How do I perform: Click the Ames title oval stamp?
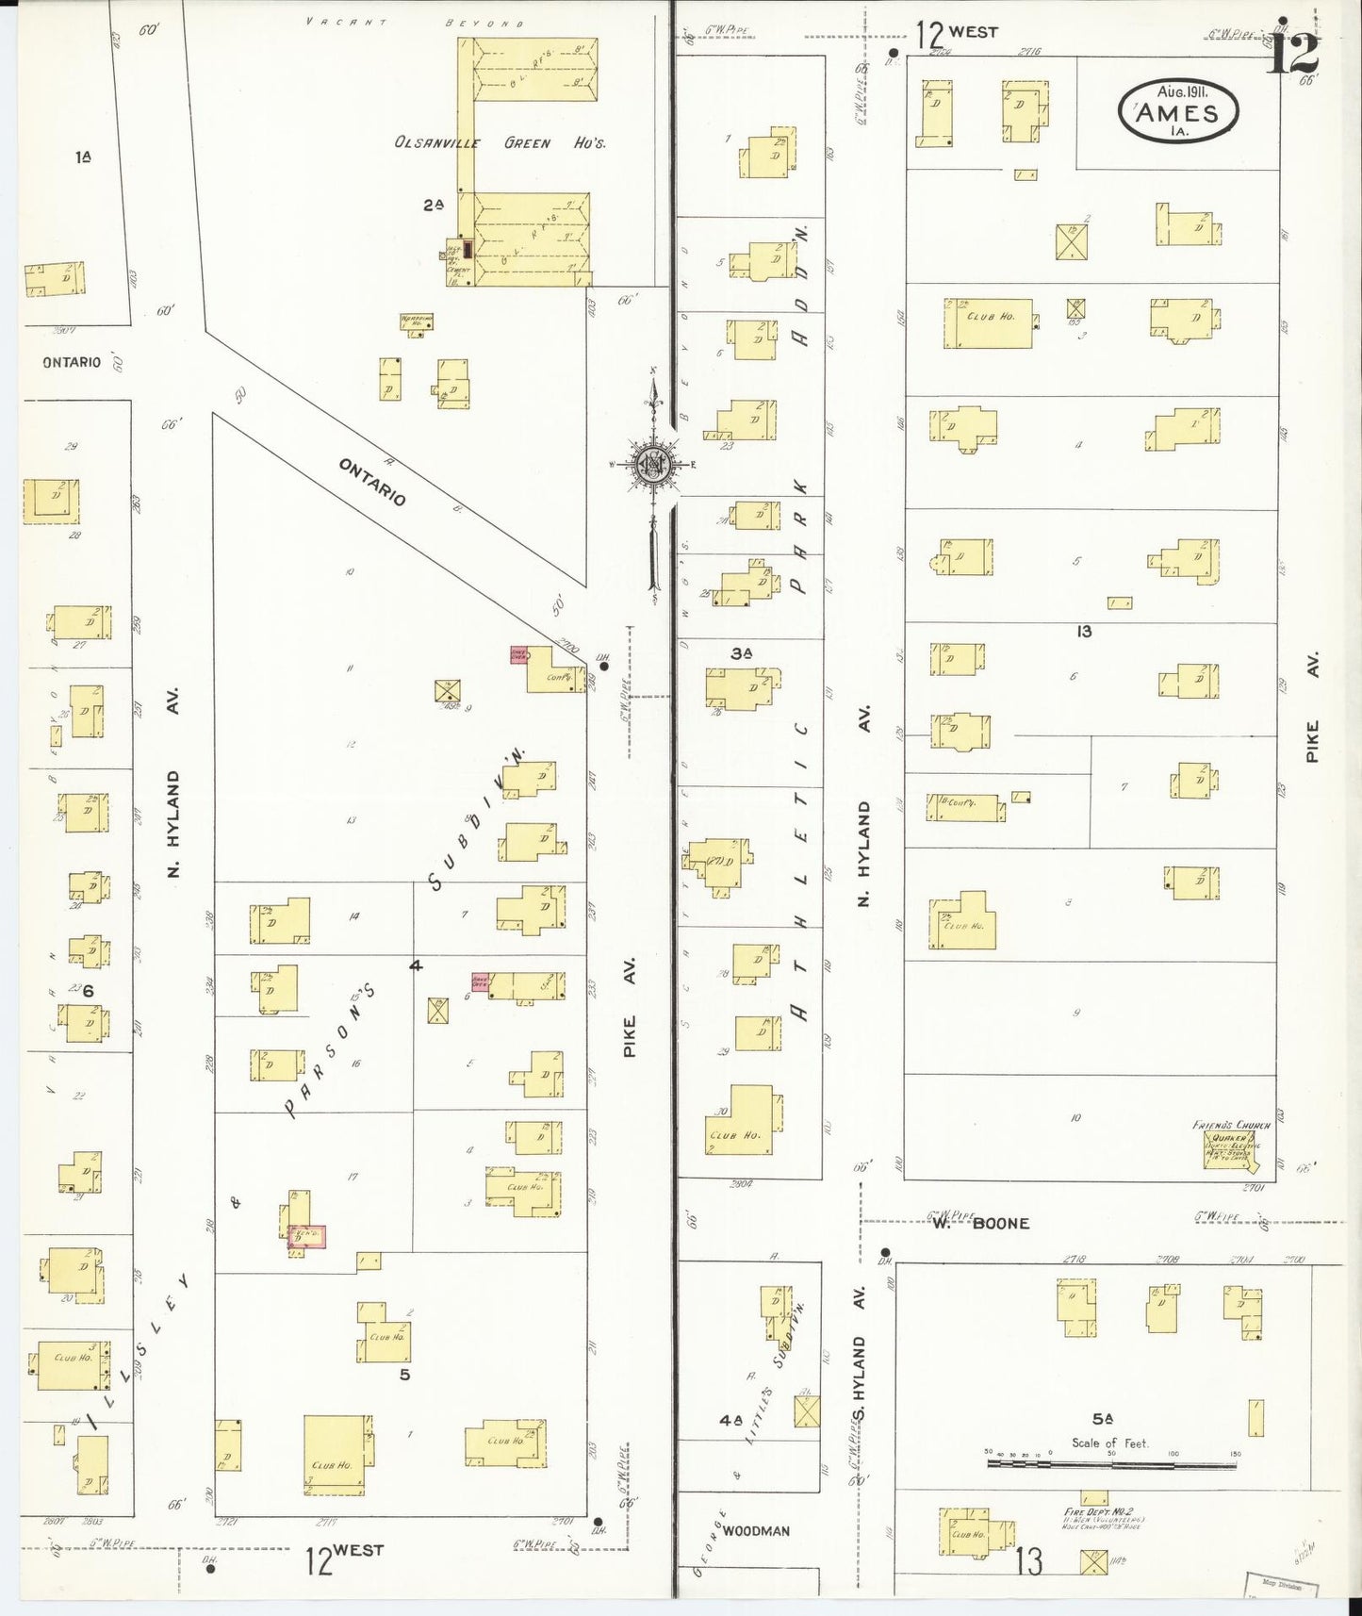point(1178,111)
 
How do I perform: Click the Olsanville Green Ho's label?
point(499,144)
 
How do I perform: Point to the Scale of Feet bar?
point(1112,1464)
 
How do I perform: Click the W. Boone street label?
point(980,1223)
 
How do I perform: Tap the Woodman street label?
point(758,1531)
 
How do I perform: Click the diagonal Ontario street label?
point(372,482)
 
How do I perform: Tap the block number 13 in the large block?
point(1084,631)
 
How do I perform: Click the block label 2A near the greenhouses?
point(433,205)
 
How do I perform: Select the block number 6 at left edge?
point(89,991)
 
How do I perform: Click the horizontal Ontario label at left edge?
point(71,362)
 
